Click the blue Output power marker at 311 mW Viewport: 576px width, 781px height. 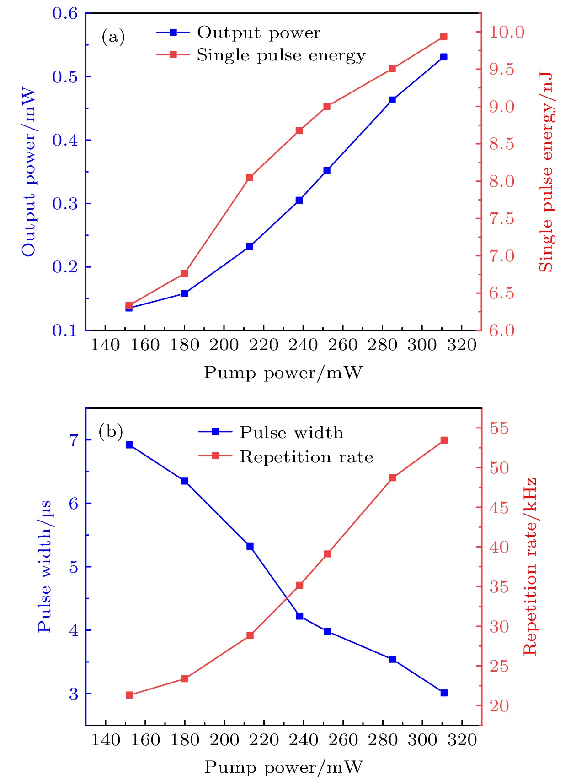click(443, 57)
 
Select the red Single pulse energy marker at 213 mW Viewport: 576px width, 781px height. click(250, 177)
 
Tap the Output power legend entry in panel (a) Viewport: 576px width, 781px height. click(259, 33)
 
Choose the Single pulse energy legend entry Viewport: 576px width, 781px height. click(281, 55)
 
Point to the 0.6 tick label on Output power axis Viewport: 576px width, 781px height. click(65, 13)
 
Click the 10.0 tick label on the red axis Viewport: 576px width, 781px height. click(507, 32)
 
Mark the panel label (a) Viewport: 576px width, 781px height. click(113, 37)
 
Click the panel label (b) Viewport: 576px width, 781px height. click(111, 431)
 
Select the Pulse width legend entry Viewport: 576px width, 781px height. click(291, 432)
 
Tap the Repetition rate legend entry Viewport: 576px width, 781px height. click(306, 456)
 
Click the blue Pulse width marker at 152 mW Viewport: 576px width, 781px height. click(129, 445)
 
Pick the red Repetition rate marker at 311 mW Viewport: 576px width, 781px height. click(443, 440)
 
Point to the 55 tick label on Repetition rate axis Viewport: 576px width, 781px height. click(499, 428)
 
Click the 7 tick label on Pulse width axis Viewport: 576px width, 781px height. click(74, 440)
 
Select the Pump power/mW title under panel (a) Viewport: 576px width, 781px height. click(283, 373)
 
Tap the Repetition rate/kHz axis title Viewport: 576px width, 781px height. click(529, 567)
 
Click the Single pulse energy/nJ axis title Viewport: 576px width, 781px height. click(546, 172)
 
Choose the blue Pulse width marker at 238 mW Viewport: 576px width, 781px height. click(300, 616)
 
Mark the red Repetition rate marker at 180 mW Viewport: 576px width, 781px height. click(185, 678)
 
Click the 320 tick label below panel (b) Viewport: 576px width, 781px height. click(462, 740)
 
